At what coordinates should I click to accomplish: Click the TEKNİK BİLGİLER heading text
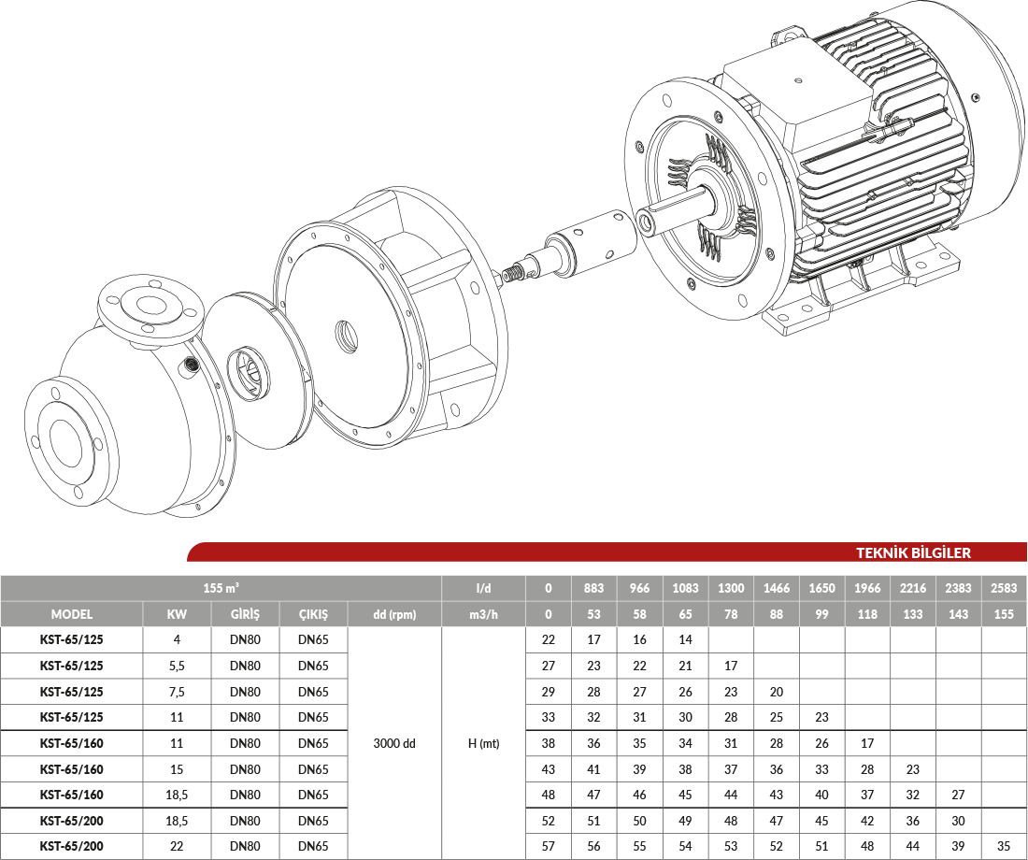click(913, 552)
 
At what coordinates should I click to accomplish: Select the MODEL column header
click(71, 615)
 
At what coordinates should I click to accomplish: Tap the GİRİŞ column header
click(245, 615)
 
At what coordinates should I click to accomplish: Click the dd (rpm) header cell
click(394, 615)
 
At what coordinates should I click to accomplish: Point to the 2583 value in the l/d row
click(1004, 588)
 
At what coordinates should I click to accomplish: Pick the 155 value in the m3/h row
click(1004, 615)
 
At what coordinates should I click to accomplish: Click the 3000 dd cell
click(394, 743)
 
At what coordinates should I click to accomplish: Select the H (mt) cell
click(484, 743)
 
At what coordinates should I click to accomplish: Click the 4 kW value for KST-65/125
click(177, 639)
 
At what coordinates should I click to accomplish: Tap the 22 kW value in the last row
click(177, 846)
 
